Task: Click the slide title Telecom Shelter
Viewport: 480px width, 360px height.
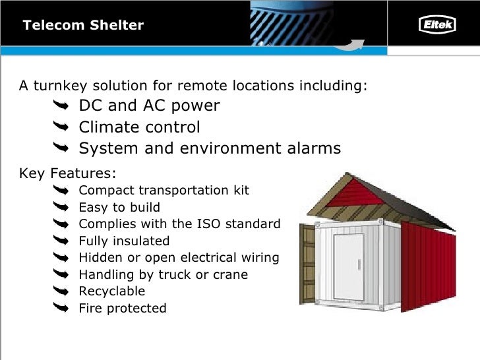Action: (x=83, y=26)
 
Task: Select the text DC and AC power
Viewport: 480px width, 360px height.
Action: (x=149, y=105)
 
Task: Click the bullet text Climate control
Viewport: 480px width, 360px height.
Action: (x=139, y=127)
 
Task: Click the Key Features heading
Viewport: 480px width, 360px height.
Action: (x=68, y=173)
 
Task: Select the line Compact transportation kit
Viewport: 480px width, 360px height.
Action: (x=164, y=191)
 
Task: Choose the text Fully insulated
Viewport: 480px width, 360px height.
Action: (x=124, y=241)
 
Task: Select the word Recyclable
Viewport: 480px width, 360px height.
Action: (x=111, y=291)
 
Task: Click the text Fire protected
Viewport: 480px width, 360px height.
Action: (x=122, y=308)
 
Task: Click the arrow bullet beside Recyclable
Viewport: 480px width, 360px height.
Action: (x=60, y=291)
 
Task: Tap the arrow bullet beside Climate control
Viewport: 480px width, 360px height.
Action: (x=60, y=127)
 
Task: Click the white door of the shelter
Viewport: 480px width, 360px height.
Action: (x=348, y=266)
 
